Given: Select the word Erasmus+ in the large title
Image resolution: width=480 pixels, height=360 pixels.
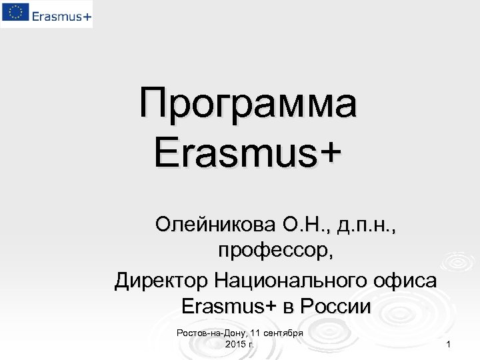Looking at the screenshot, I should [247, 153].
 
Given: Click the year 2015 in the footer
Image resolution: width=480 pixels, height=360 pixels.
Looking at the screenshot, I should [235, 344].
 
